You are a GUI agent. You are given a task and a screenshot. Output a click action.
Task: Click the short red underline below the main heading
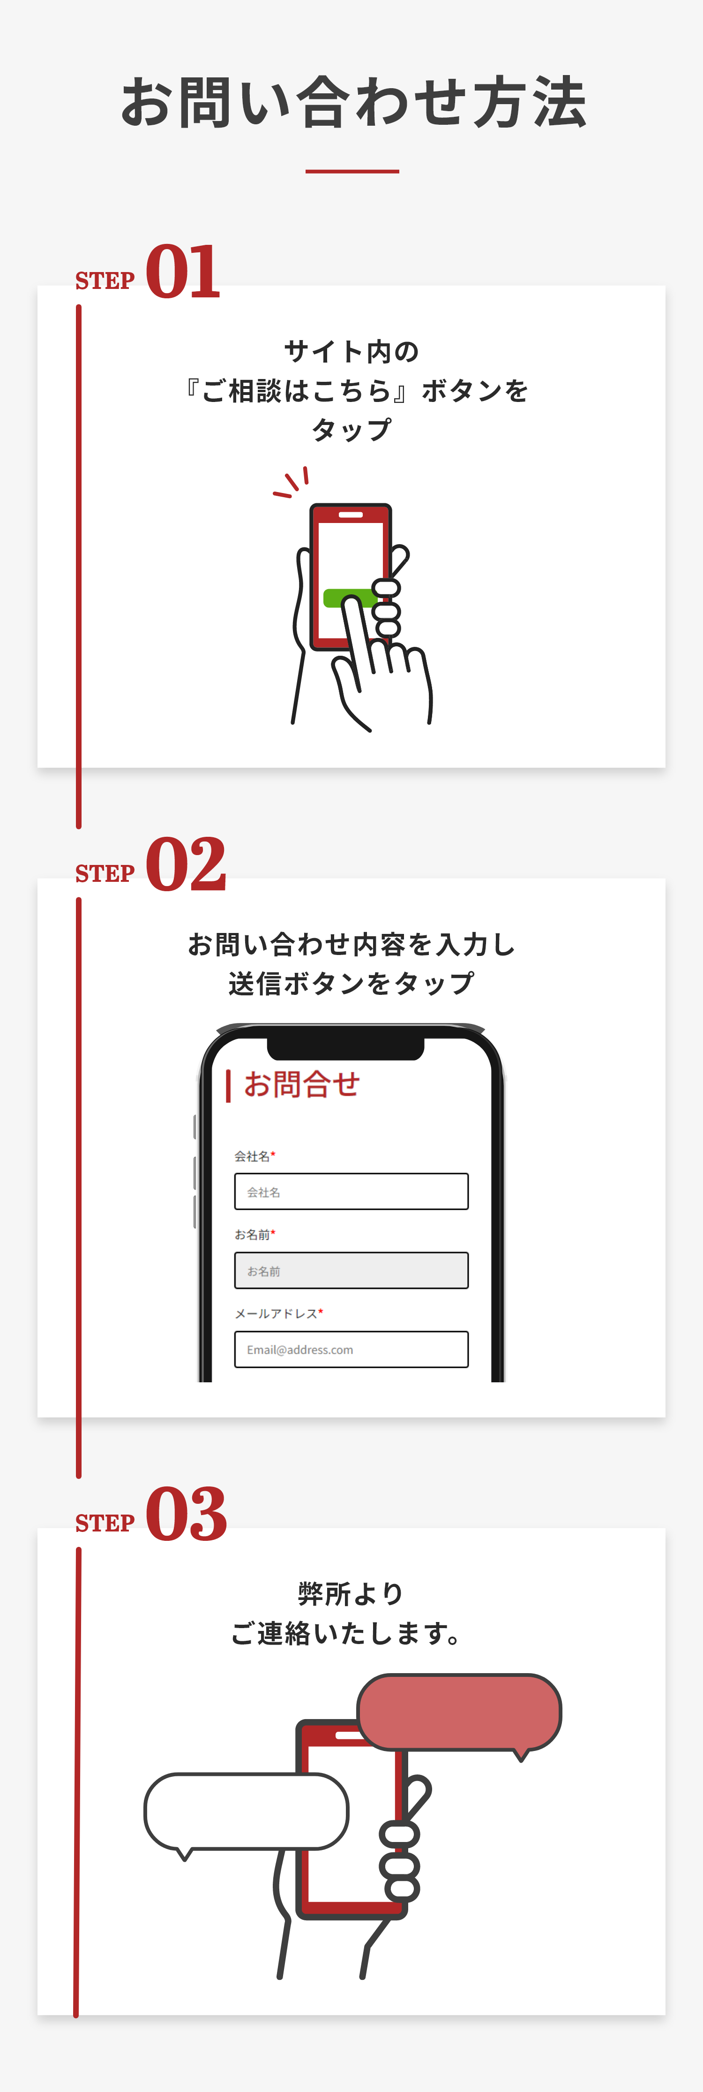point(352,171)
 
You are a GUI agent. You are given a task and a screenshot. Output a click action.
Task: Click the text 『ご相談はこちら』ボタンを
point(356,391)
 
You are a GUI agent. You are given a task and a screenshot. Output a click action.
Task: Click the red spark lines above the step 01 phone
point(292,482)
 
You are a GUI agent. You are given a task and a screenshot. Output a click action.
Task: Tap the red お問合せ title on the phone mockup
point(301,1084)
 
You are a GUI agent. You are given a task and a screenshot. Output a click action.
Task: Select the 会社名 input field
point(351,1191)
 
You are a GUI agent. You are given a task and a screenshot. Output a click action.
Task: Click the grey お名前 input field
point(351,1270)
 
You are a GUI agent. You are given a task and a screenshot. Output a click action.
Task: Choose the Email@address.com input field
point(351,1349)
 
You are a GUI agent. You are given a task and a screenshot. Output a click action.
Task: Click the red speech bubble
point(459,1713)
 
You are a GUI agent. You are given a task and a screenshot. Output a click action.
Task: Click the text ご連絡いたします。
point(347,1632)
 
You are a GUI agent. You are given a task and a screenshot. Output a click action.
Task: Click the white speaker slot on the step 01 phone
point(351,515)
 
